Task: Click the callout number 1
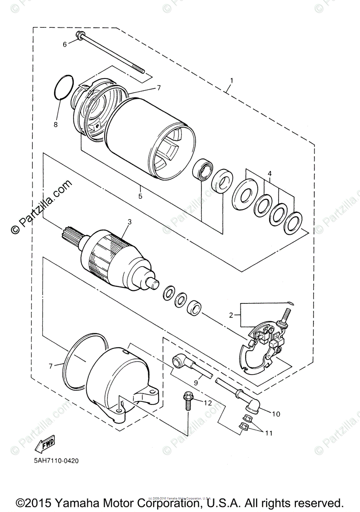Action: (232, 80)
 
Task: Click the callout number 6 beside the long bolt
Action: (65, 44)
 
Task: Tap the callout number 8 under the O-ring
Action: (55, 125)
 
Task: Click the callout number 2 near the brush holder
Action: (231, 315)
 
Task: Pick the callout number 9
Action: (196, 383)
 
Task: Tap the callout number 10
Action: (275, 413)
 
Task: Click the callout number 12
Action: (208, 402)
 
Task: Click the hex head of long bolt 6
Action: (79, 35)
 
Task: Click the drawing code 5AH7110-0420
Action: (54, 461)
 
